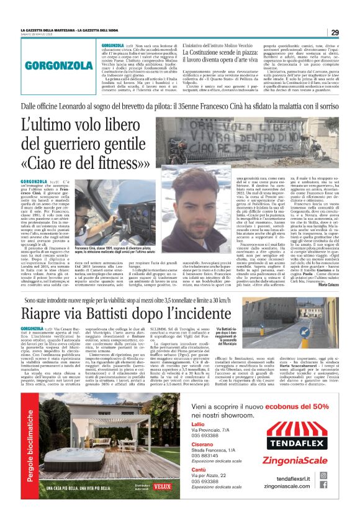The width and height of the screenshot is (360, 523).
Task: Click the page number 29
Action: tap(335, 33)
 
